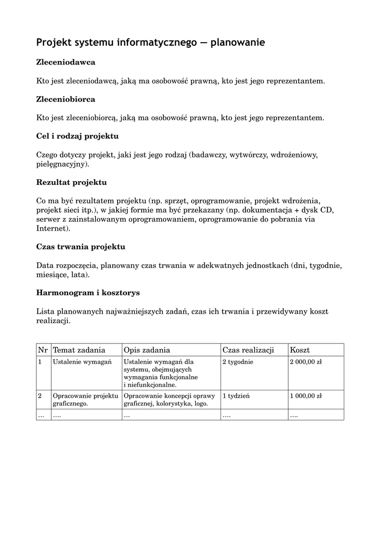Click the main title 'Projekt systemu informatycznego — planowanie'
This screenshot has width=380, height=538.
pyautogui.click(x=151, y=42)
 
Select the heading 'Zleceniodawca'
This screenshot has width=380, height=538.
pyautogui.click(x=66, y=62)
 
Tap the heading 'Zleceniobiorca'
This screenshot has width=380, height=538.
pyautogui.click(x=66, y=99)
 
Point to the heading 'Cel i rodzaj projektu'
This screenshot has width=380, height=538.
pyautogui.click(x=77, y=136)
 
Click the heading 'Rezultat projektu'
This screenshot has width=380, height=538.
pyautogui.click(x=71, y=182)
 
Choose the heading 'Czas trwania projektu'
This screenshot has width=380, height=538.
pyautogui.click(x=80, y=246)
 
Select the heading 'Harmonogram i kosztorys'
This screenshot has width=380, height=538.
pyautogui.click(x=88, y=292)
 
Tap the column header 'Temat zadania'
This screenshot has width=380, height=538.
pyautogui.click(x=79, y=350)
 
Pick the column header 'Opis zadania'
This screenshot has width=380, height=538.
pyautogui.click(x=147, y=350)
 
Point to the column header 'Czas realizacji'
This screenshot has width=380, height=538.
pyautogui.click(x=248, y=350)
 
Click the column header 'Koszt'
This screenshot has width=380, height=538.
pyautogui.click(x=300, y=350)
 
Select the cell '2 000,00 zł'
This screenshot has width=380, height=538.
pyautogui.click(x=306, y=361)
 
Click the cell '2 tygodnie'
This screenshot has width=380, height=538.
pyautogui.click(x=238, y=361)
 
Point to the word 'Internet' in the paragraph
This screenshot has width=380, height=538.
pyautogui.click(x=51, y=229)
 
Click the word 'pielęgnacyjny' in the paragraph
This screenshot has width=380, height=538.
pyautogui.click(x=61, y=164)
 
